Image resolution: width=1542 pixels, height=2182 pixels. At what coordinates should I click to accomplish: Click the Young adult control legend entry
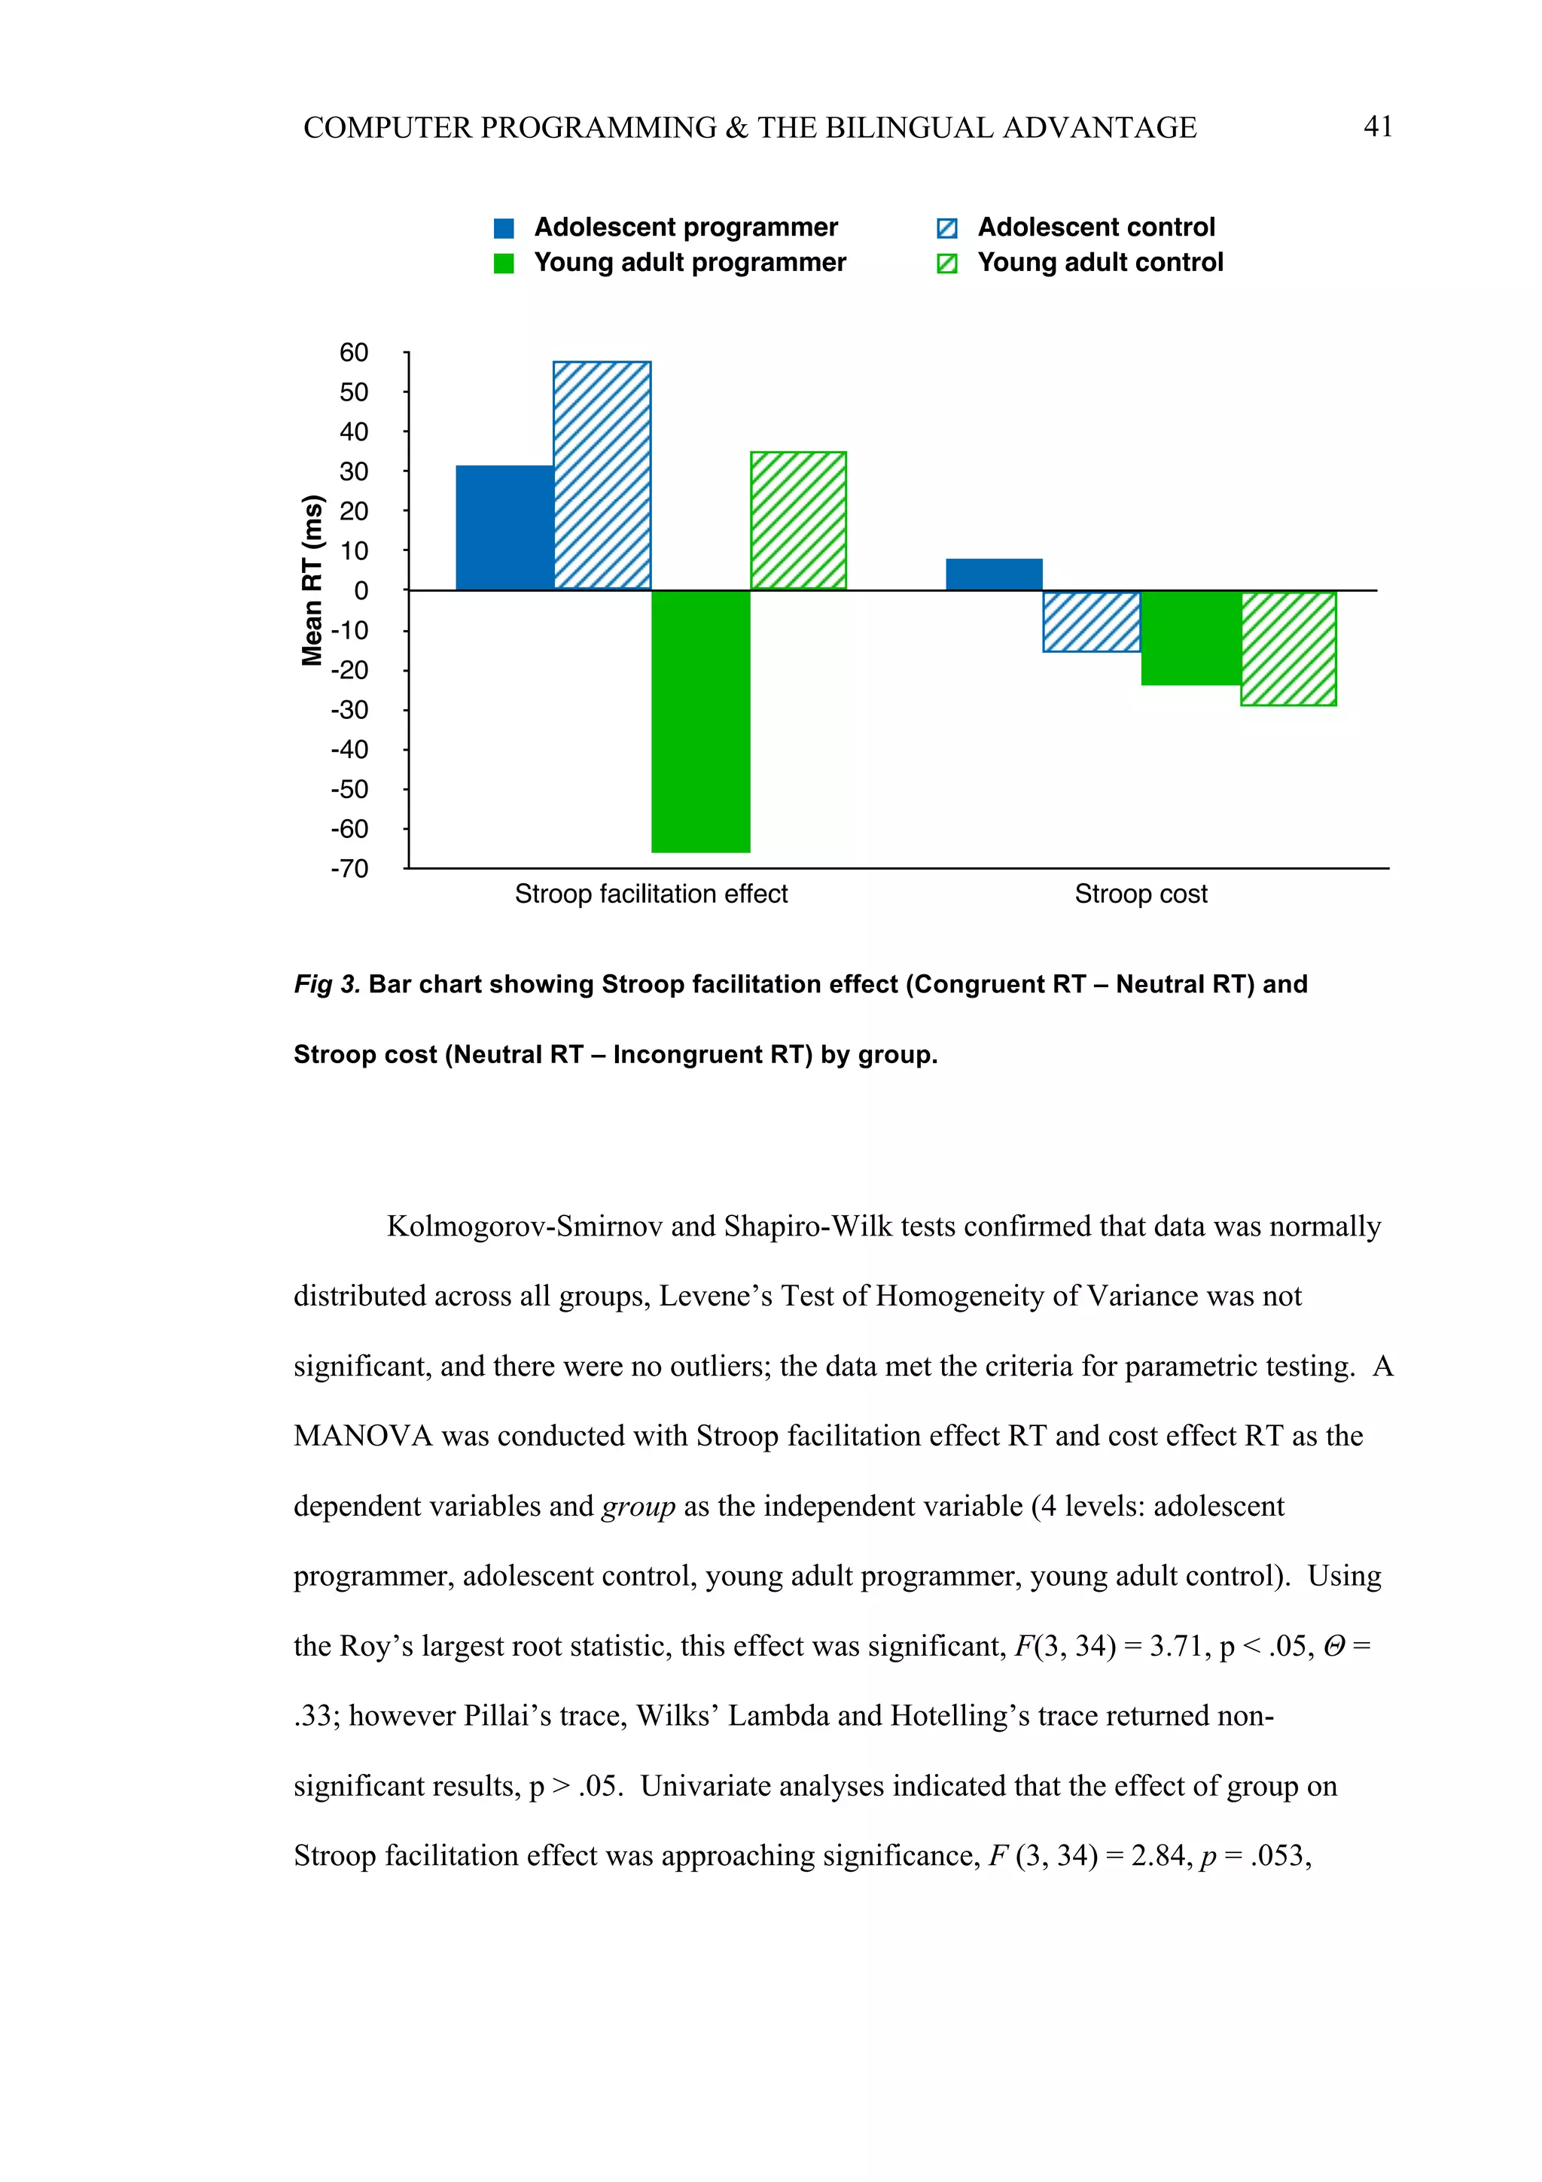pos(1099,262)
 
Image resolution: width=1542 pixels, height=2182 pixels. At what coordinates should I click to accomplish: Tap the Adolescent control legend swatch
pos(946,228)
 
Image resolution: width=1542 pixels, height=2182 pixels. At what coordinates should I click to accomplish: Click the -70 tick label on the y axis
pos(349,869)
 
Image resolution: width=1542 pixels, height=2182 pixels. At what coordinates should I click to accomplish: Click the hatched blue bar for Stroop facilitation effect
pos(602,475)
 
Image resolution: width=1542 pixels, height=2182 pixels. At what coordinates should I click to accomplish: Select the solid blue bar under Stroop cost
pos(994,574)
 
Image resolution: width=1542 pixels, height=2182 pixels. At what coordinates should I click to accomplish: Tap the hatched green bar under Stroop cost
pos(1288,648)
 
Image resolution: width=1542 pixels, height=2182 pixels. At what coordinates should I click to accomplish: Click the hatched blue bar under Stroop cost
pos(1091,621)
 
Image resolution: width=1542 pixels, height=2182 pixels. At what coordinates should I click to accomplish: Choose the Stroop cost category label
pos(1140,894)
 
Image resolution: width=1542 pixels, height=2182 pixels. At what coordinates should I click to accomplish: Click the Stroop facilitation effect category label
pos(651,894)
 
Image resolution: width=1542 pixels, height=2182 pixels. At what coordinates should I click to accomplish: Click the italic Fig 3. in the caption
pos(327,985)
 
